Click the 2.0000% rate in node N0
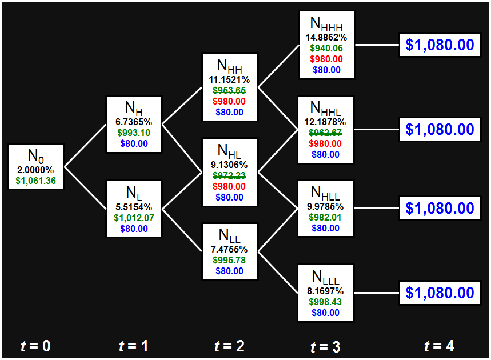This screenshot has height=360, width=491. [37, 171]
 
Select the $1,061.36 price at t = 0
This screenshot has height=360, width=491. [37, 182]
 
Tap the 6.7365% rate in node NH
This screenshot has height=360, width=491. [134, 122]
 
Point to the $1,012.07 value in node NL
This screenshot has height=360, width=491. [134, 218]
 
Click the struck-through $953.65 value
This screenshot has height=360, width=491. [230, 90]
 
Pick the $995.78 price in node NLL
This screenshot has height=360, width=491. [230, 260]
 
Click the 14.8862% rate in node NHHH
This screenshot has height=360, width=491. [326, 38]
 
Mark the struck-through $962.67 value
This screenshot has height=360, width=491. [326, 133]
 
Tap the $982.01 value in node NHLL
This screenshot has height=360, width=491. [326, 217]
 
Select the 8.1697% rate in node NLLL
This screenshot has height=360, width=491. [326, 291]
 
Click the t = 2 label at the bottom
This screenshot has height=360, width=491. [229, 346]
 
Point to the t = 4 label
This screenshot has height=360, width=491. [440, 346]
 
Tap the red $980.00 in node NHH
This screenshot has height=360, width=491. [230, 101]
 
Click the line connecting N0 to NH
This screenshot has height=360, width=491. [85, 145]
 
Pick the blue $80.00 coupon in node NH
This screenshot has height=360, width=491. [134, 143]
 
